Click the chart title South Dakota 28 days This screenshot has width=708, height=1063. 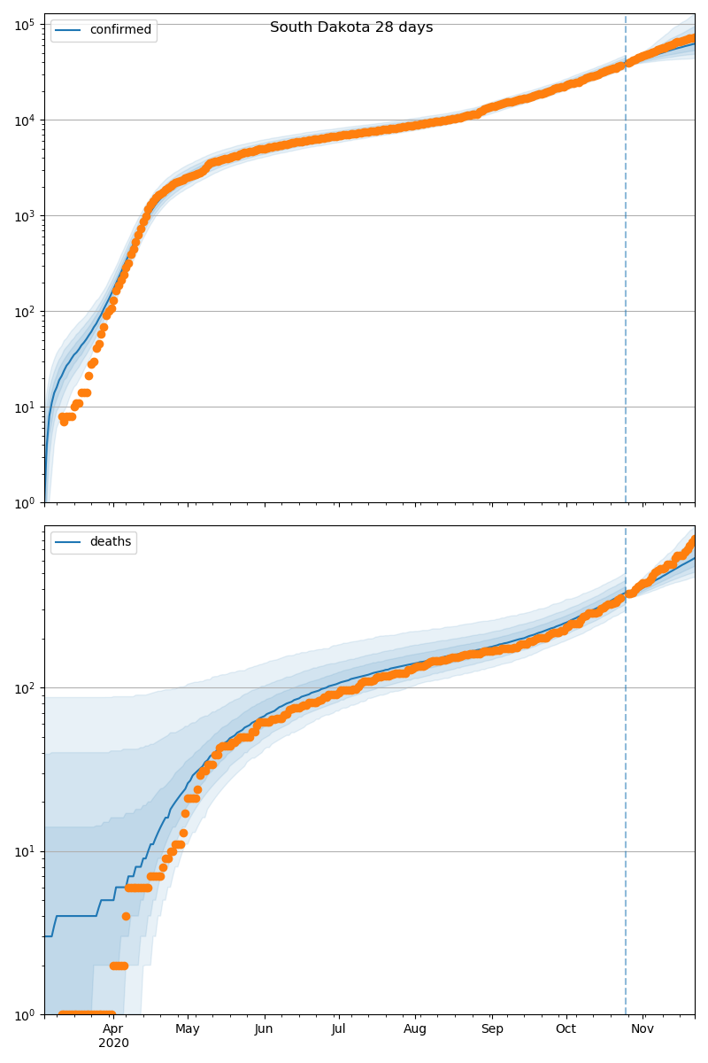tap(351, 27)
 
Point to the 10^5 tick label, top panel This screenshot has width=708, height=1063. tap(23, 24)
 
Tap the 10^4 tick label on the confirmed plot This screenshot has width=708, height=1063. tap(23, 120)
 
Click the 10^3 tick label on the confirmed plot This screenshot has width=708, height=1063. tap(23, 215)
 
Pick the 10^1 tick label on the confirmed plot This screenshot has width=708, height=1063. tap(23, 407)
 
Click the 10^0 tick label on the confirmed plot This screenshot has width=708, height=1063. tap(23, 503)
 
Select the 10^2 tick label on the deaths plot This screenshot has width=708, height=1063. tap(23, 687)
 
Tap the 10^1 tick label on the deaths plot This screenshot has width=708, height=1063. tap(23, 851)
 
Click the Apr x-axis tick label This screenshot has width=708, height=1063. tap(112, 1028)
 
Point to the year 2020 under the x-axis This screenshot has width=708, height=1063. tap(113, 1044)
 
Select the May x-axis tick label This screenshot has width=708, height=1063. tap(188, 1028)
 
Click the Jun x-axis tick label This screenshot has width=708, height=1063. tap(264, 1028)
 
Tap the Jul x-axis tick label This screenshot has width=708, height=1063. tap(338, 1028)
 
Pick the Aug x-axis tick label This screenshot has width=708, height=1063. tap(414, 1028)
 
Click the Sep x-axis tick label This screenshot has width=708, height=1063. tap(492, 1028)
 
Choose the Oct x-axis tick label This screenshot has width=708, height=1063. tap(566, 1028)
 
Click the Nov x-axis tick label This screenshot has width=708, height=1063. tap(643, 1028)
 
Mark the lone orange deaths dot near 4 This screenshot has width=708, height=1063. tap(126, 916)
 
